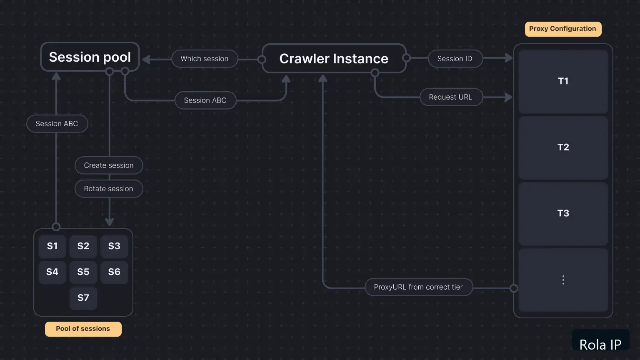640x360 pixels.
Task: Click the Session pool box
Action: [x=90, y=57]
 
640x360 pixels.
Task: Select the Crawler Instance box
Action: [x=334, y=59]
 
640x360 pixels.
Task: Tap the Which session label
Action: [x=205, y=59]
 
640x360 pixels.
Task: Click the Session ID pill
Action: [x=455, y=59]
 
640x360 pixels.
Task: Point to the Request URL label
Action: [x=451, y=97]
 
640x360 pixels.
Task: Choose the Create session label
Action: [x=109, y=165]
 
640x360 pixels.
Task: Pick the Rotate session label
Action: [x=109, y=189]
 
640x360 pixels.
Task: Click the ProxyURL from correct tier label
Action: [x=419, y=287]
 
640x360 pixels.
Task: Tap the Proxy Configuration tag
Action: [x=563, y=29]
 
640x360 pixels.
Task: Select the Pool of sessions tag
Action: [x=83, y=329]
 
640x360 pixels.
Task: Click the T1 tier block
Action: [x=563, y=82]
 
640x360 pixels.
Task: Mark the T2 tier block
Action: [x=563, y=148]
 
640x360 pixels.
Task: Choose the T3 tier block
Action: [x=563, y=214]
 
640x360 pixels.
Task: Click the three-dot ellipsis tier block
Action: [x=563, y=280]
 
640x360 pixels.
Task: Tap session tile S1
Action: [x=52, y=246]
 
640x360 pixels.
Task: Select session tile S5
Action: [x=83, y=272]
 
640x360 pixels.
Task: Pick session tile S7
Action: [x=83, y=298]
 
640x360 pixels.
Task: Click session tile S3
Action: [x=114, y=246]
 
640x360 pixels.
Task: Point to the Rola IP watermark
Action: [x=600, y=344]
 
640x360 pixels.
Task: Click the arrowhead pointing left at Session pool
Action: [x=146, y=60]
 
